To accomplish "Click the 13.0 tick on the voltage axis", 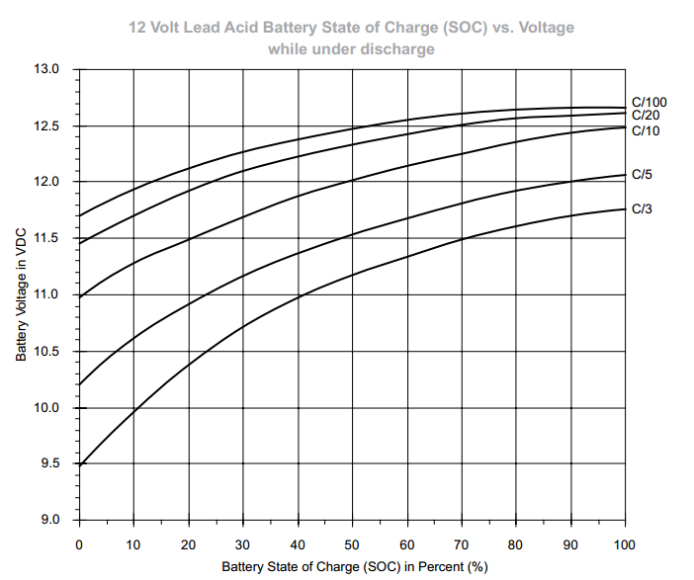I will point(48,70).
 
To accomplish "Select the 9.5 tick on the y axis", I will point(51,464).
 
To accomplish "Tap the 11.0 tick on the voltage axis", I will point(48,295).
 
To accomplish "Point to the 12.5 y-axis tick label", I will point(48,126).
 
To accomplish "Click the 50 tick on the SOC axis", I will point(351,544).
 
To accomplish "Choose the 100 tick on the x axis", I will point(625,544).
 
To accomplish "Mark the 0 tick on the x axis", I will point(79,544).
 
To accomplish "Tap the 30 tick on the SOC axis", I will point(242,544).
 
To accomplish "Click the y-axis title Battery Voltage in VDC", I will point(21,295).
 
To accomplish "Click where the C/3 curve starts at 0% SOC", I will point(79,464).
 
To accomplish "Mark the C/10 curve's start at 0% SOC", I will point(79,296).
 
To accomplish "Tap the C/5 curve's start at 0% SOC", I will point(79,384).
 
